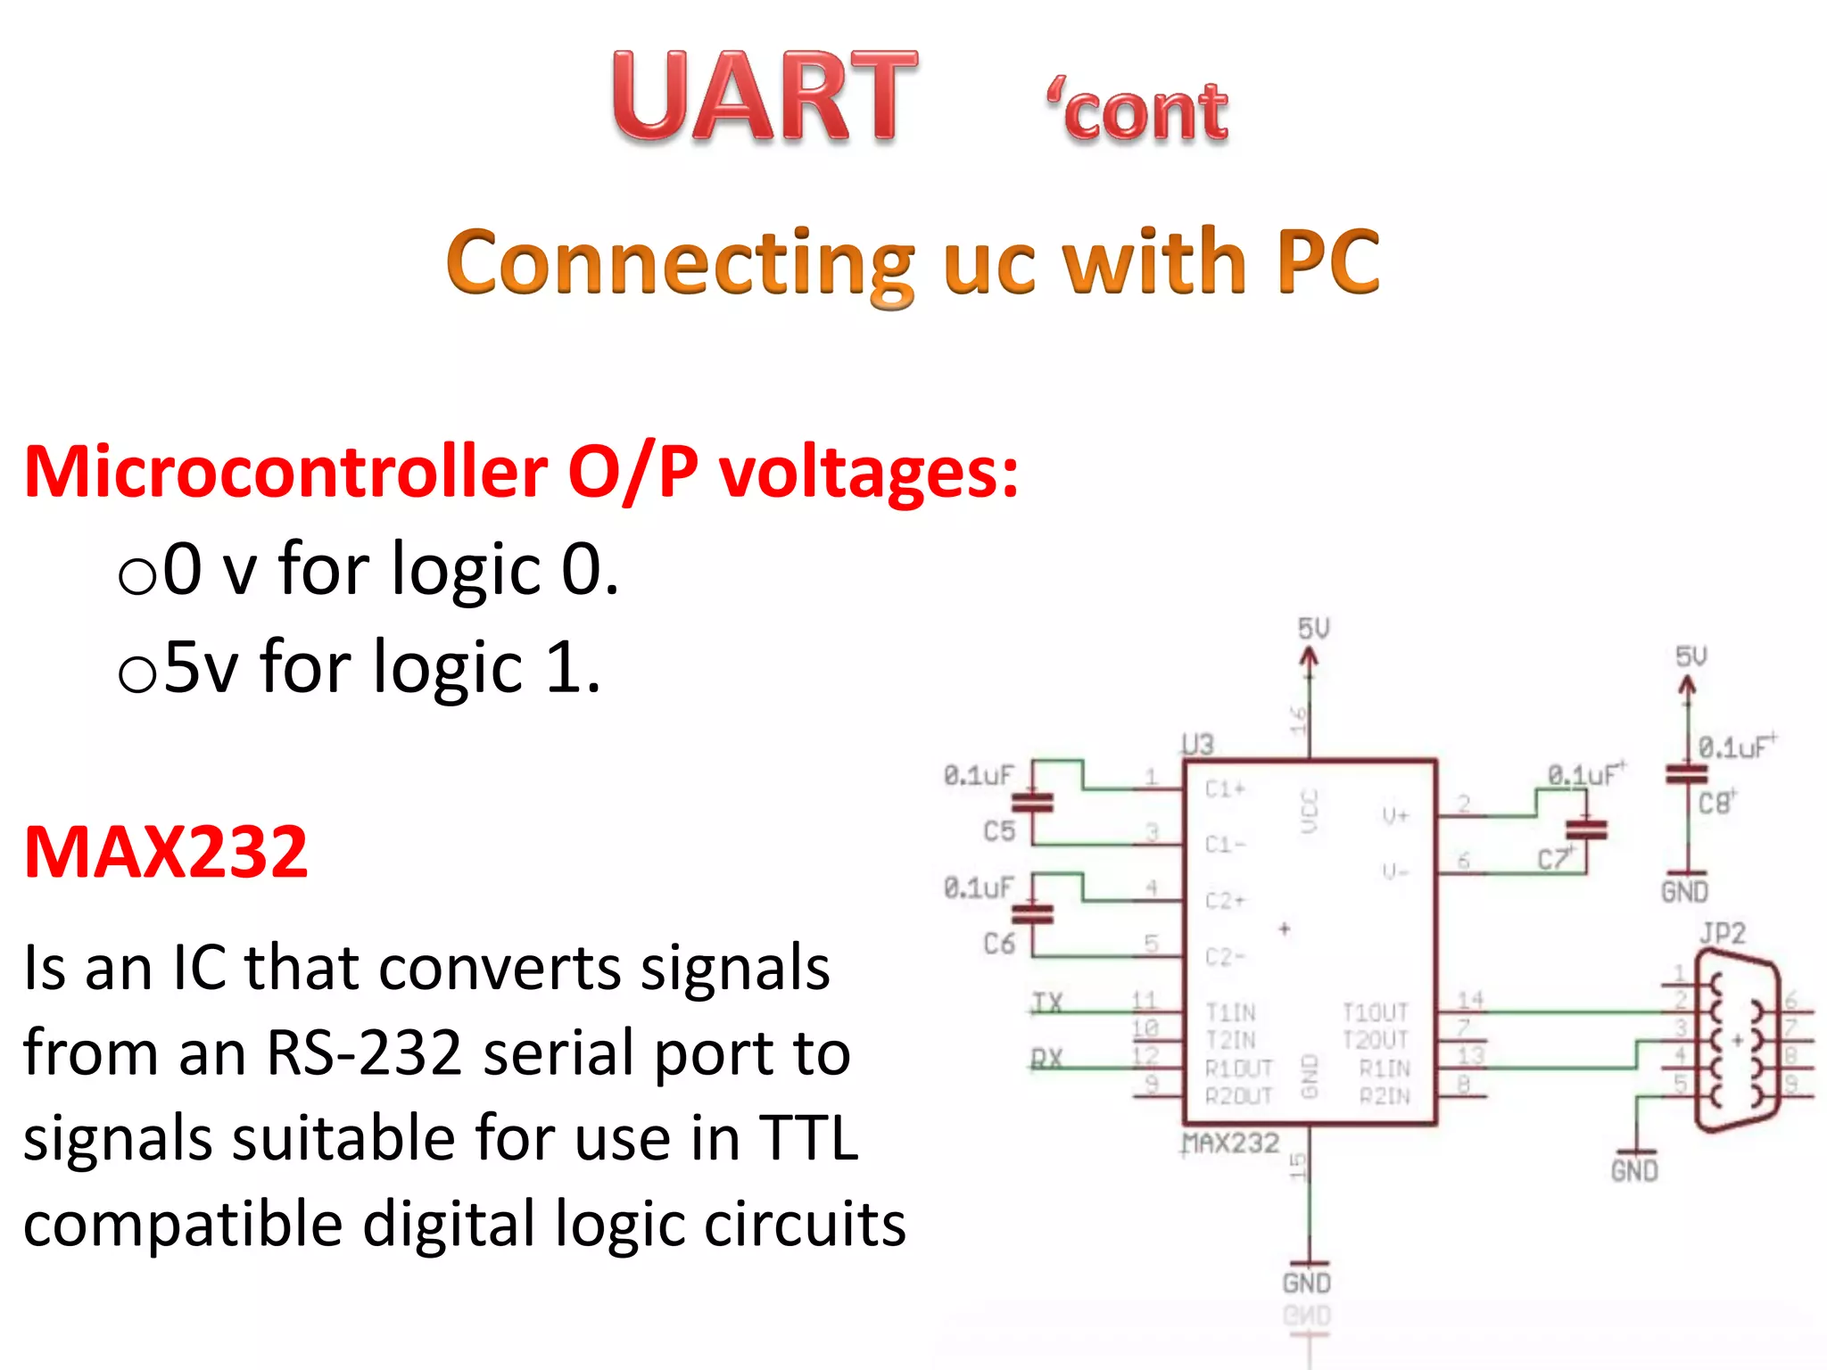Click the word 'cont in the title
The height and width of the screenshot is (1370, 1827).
pos(1138,112)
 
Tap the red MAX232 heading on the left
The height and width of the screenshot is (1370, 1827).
pos(166,853)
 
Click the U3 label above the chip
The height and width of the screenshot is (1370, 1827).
pos(1197,745)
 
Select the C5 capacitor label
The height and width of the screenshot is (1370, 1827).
pos(999,831)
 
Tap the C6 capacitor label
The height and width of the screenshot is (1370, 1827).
pos(999,944)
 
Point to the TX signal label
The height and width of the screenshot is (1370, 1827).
pos(1047,1003)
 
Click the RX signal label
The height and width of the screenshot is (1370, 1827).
pos(1047,1059)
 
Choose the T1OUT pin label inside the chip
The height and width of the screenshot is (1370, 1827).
pos(1375,1012)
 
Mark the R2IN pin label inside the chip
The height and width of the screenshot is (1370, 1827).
pos(1385,1095)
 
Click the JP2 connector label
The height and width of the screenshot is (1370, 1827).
pos(1722,934)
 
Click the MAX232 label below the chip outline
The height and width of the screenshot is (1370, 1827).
pos(1231,1143)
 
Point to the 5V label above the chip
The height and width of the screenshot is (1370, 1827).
pos(1313,629)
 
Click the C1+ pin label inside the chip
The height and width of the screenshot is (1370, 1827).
pos(1225,788)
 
